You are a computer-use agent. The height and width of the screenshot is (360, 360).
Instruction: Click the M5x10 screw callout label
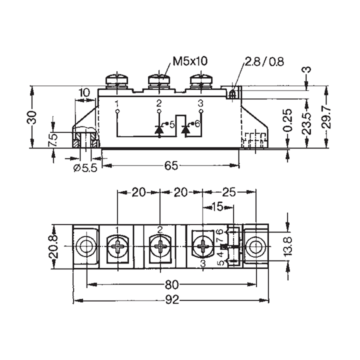coord(190,61)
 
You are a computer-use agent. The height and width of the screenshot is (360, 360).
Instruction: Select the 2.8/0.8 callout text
coord(264,61)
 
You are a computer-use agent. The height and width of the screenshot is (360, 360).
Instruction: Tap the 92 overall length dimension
coord(171,300)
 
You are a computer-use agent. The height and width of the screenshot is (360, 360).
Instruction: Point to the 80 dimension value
coord(171,284)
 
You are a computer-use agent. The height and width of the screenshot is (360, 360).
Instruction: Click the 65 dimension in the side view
coord(171,165)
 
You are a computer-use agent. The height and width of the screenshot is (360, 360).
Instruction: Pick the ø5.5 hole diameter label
coord(85,168)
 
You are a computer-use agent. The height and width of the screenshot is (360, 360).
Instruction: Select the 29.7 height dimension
coord(326,117)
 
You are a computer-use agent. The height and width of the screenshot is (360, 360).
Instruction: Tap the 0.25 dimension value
coord(287,120)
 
